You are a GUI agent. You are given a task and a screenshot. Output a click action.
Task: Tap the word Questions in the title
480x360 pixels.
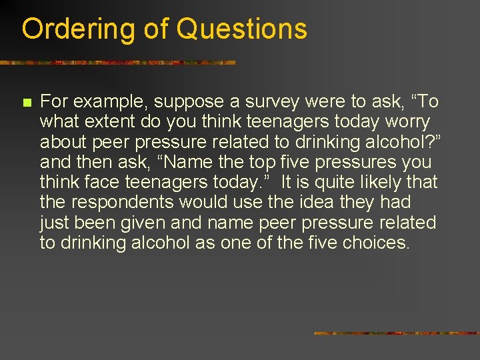[242, 29]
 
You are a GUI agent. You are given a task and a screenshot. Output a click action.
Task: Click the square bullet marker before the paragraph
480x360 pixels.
[27, 103]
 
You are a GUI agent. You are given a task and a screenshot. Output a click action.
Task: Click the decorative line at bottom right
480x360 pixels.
[396, 333]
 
